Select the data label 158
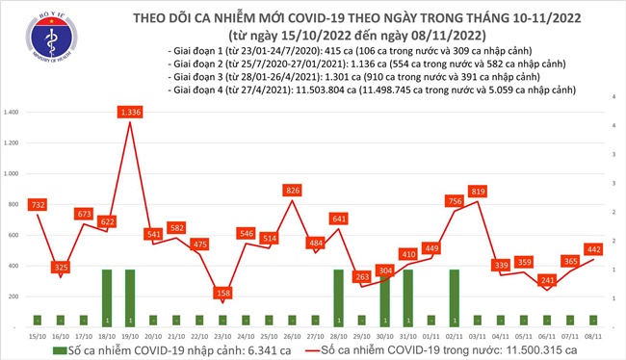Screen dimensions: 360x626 click(x=223, y=292)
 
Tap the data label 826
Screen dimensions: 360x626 click(x=291, y=191)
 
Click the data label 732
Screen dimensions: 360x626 click(x=38, y=205)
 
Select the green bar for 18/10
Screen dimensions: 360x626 click(x=106, y=297)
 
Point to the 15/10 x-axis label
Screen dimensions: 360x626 click(x=38, y=337)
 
